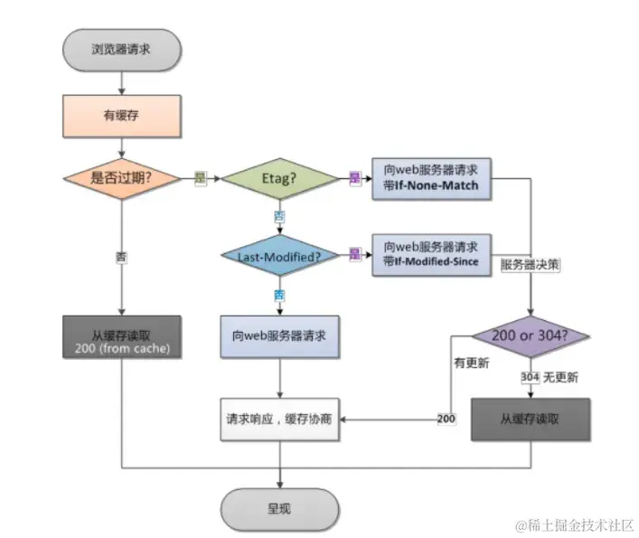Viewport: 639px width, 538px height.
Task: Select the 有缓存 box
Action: [121, 115]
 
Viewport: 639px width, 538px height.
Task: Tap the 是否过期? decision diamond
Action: [121, 178]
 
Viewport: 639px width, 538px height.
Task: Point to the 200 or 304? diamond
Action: [531, 337]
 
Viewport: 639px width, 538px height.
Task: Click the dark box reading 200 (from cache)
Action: [121, 336]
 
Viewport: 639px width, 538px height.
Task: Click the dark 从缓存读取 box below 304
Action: [531, 420]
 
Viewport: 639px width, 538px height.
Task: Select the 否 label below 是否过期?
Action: [121, 257]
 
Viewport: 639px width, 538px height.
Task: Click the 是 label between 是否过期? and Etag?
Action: [200, 178]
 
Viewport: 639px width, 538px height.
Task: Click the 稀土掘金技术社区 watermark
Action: [575, 525]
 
